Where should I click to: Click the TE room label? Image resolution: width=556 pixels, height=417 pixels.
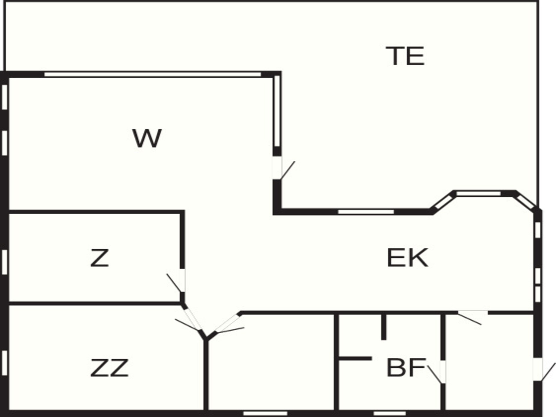[405, 56]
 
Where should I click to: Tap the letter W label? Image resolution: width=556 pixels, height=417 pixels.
[147, 138]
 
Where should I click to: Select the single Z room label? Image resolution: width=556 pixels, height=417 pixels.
[99, 258]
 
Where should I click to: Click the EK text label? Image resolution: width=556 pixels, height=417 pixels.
[407, 258]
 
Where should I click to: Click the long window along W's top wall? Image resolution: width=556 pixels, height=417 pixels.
[152, 74]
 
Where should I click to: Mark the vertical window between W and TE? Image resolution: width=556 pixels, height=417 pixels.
[277, 111]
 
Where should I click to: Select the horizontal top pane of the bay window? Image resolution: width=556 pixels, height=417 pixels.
[478, 193]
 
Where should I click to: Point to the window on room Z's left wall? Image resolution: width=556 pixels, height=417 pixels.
[4, 262]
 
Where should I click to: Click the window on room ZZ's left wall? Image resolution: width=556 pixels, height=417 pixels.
[4, 363]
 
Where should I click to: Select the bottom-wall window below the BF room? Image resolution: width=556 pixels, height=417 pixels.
[390, 414]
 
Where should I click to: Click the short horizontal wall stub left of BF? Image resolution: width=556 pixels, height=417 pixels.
[355, 359]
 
